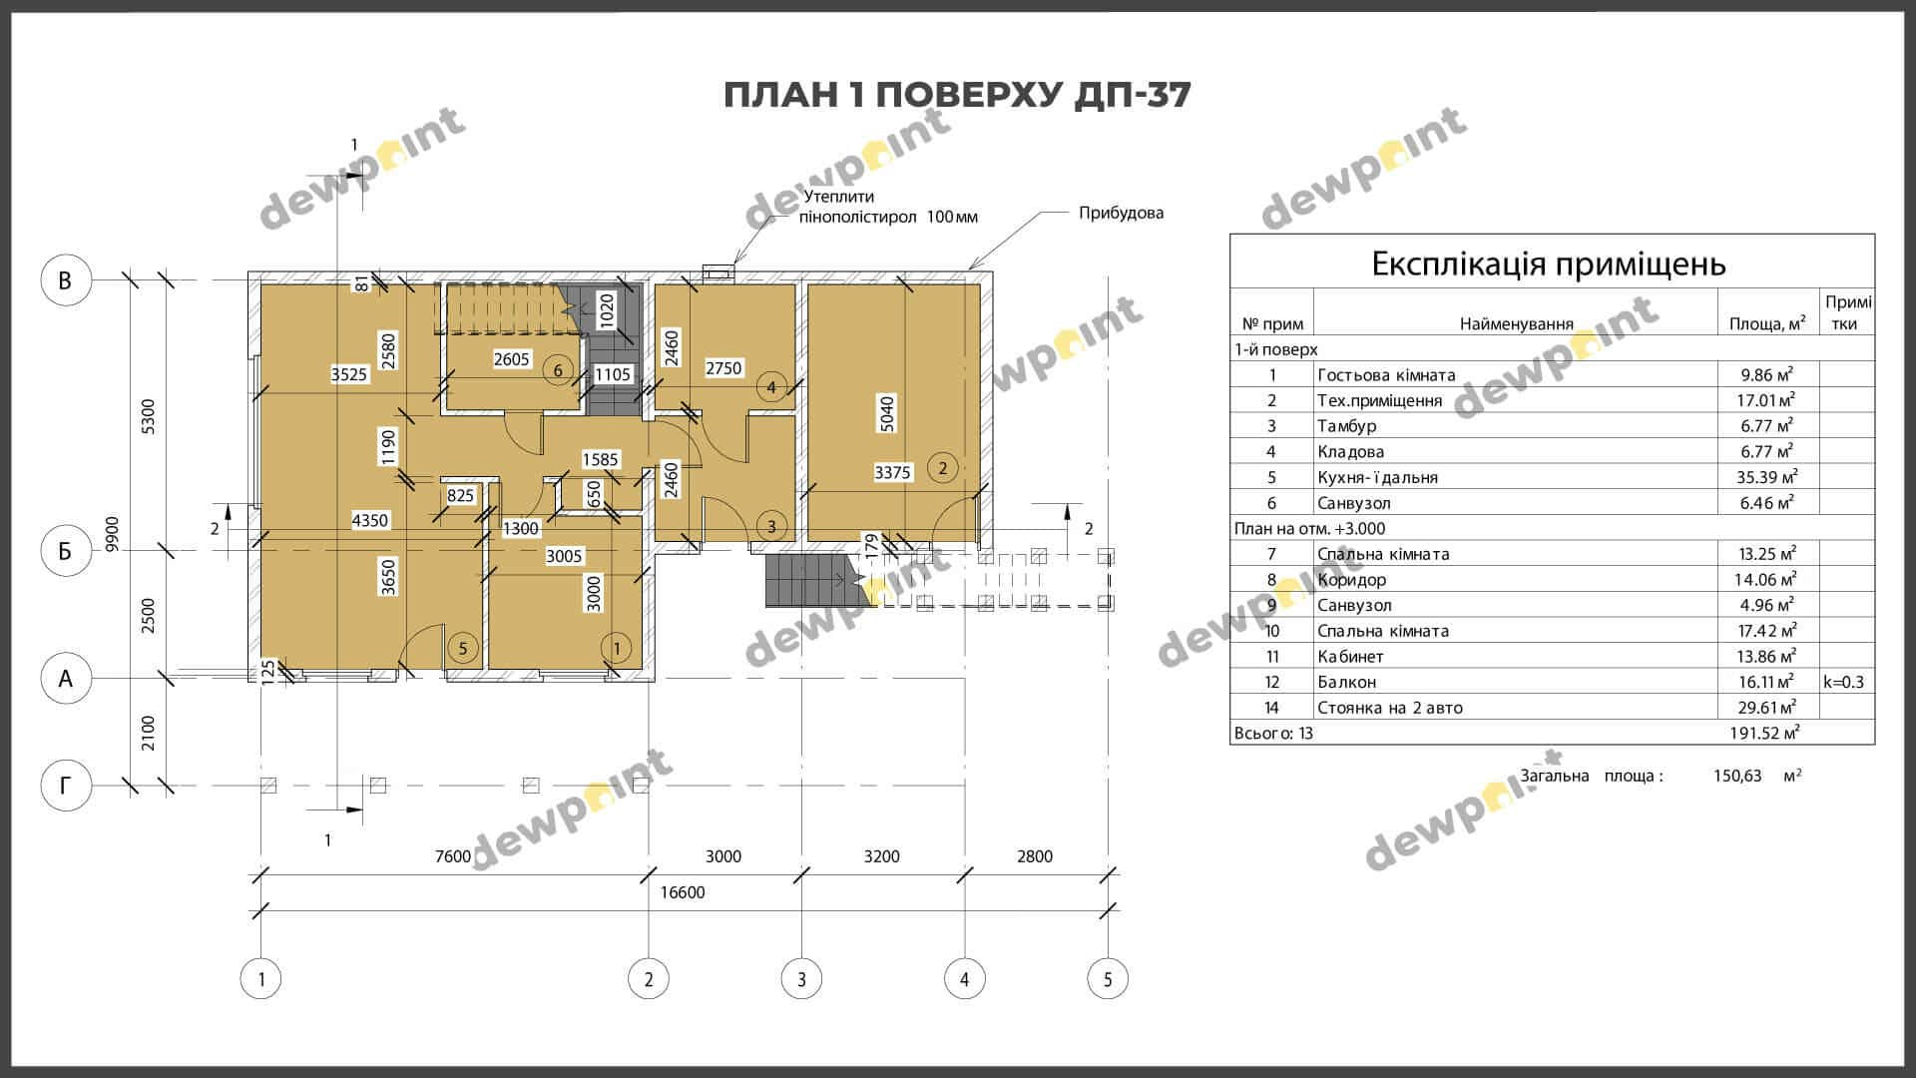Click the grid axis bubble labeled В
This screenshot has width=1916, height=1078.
tap(66, 280)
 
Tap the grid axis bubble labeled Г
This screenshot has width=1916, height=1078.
tap(66, 787)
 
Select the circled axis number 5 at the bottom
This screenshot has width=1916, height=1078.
tap(1108, 979)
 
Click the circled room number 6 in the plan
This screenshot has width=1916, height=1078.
tap(558, 371)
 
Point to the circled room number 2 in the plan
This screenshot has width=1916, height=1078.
tap(942, 467)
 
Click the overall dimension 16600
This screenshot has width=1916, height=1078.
tap(683, 892)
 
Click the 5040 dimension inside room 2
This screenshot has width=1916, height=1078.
tap(887, 413)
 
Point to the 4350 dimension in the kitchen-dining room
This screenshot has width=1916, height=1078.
tap(370, 520)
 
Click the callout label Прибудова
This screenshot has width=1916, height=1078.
tap(1121, 213)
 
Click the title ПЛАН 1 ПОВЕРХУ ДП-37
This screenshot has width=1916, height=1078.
tap(957, 95)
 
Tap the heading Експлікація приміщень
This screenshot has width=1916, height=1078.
tap(1549, 265)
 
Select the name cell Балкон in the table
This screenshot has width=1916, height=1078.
tap(1346, 682)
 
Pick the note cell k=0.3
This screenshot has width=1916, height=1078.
tap(1843, 683)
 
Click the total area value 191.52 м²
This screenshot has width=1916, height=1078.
tap(1764, 733)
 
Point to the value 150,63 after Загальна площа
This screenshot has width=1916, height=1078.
tap(1737, 776)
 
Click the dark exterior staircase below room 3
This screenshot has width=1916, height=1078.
tap(804, 580)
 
